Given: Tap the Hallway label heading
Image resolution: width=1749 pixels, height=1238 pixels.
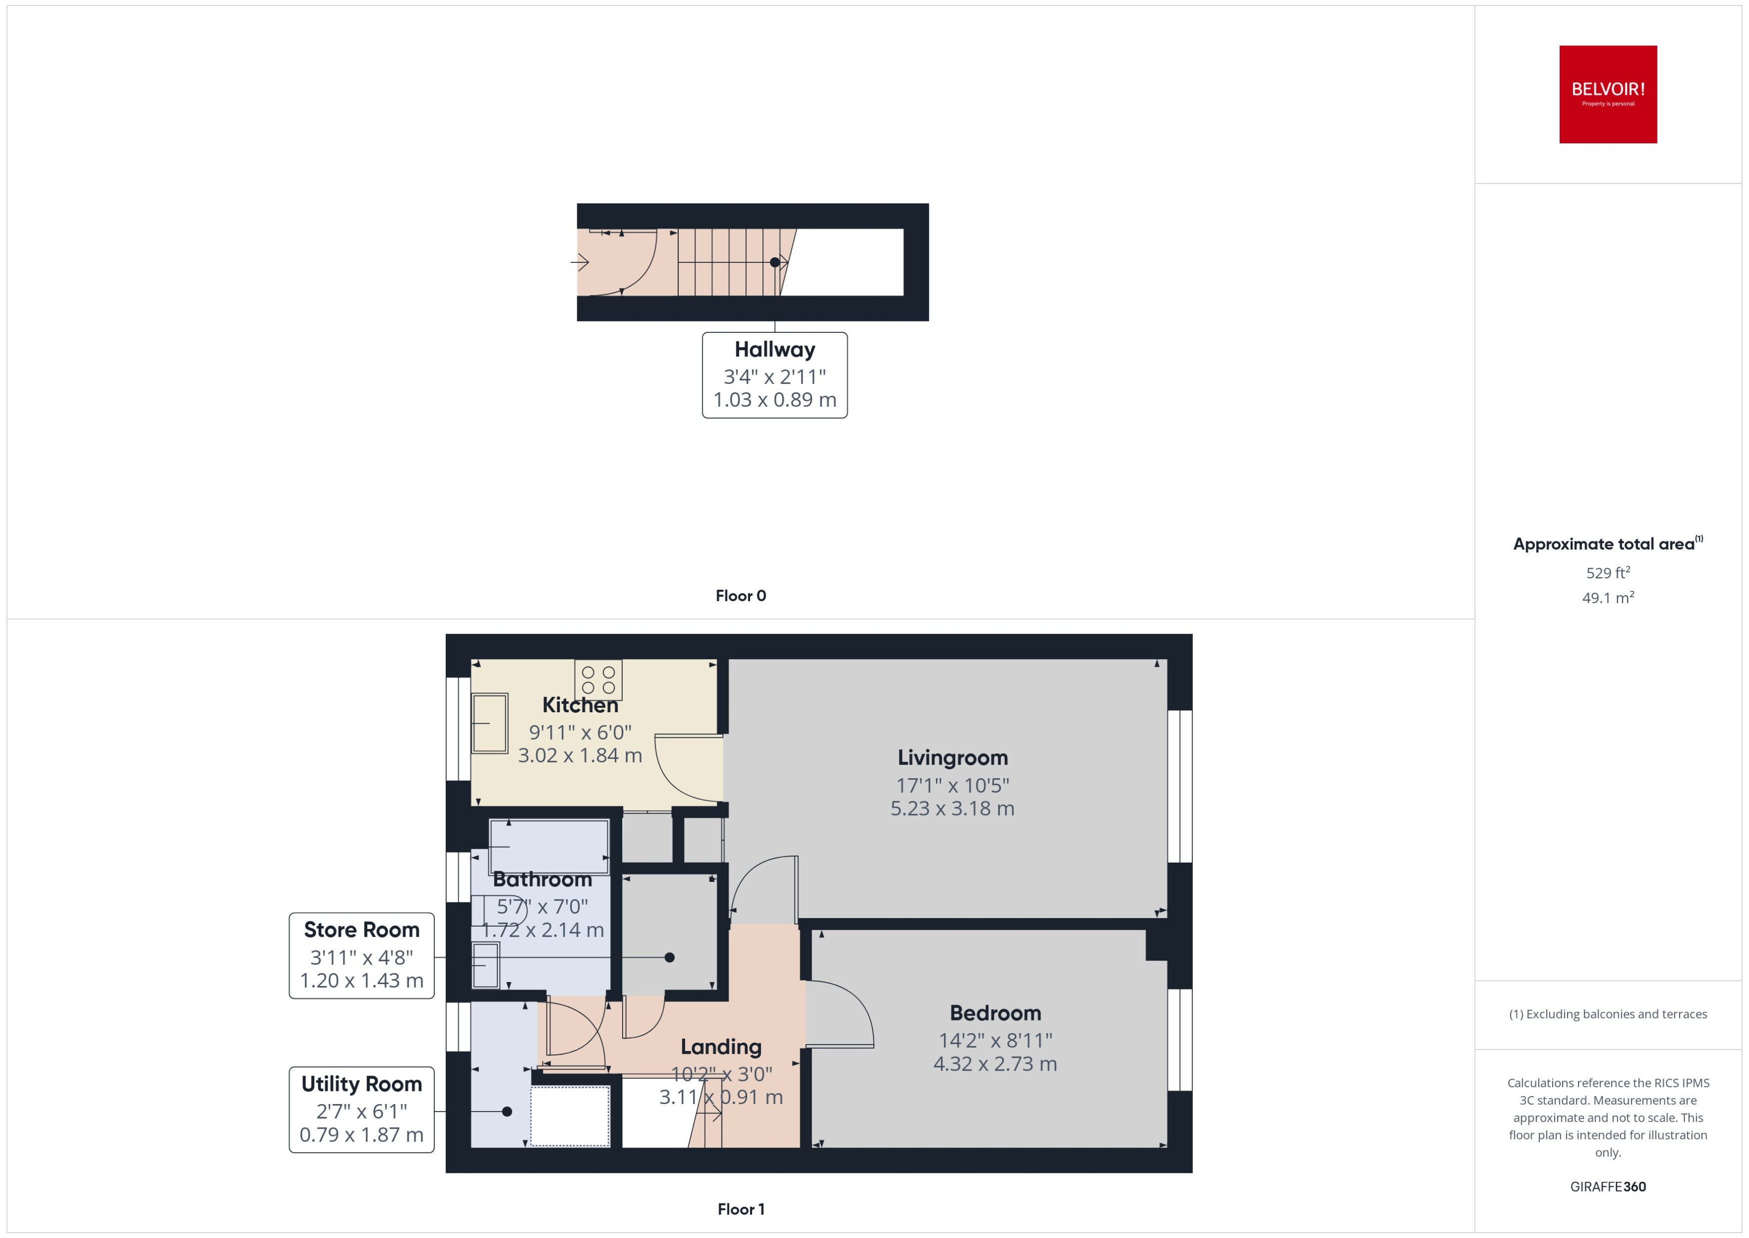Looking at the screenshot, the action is (774, 350).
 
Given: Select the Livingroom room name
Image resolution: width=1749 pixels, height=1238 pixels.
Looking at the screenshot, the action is (952, 757).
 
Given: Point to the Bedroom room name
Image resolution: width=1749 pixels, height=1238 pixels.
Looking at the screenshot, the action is (995, 1013).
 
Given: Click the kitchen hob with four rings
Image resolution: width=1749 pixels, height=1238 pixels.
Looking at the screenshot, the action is (598, 680).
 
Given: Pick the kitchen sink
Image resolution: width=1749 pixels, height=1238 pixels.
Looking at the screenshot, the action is (489, 723).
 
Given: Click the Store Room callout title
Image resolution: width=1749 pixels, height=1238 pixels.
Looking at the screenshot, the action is (361, 930).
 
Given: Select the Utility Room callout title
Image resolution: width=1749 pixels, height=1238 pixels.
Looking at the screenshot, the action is (361, 1084).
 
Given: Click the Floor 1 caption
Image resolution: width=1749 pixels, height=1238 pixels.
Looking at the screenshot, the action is (741, 1209).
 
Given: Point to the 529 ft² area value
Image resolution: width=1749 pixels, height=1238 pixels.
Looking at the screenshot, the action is (1608, 572).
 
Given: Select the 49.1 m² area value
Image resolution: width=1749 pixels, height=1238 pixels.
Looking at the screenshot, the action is (1608, 598).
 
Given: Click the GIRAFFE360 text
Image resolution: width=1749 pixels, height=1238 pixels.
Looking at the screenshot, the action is (1608, 1187).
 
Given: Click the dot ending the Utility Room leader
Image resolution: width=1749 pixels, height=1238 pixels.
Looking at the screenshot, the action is (507, 1112).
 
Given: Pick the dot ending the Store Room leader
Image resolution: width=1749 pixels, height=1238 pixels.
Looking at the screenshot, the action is (669, 958).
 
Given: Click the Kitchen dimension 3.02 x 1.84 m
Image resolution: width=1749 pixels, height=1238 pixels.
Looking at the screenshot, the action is (580, 756).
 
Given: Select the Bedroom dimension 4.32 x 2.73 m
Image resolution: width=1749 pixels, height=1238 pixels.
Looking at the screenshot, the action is (995, 1064).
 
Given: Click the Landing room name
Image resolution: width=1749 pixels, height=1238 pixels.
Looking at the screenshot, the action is (721, 1048).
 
